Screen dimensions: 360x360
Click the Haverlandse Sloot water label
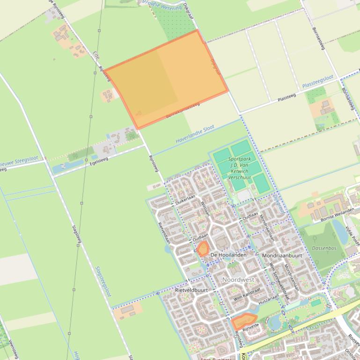coord(195,135)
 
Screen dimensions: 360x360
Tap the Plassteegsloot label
coord(318,81)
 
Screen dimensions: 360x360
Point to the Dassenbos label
coord(324,248)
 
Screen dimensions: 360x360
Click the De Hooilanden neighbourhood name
coord(228,255)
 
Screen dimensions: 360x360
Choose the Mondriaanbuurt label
coord(282,256)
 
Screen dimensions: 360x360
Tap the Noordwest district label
coord(238,280)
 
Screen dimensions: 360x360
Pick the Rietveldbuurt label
coord(191,290)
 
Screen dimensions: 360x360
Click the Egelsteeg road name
coord(99,162)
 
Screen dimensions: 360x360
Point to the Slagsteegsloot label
coord(103,282)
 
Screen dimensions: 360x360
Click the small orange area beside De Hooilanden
coord(203,249)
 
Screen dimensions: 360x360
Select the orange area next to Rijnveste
coord(243,322)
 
